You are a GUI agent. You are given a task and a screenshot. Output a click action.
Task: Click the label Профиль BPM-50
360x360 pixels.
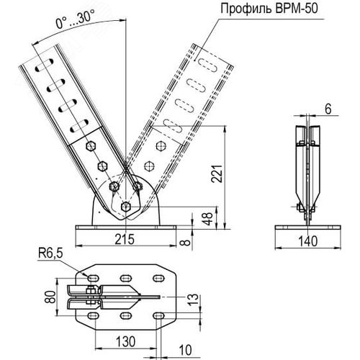click(269, 9)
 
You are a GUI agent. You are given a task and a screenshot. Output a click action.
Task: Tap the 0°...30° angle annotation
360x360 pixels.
click(75, 19)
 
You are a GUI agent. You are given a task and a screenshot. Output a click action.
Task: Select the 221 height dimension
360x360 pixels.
click(217, 174)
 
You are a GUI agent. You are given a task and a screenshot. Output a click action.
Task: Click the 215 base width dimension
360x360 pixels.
click(125, 239)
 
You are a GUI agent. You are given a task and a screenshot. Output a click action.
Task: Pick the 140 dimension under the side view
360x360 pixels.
click(308, 241)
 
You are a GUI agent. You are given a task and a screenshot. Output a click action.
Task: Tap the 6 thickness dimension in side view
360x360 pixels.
click(328, 109)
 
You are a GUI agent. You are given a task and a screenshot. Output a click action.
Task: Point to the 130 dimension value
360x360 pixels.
click(126, 341)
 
